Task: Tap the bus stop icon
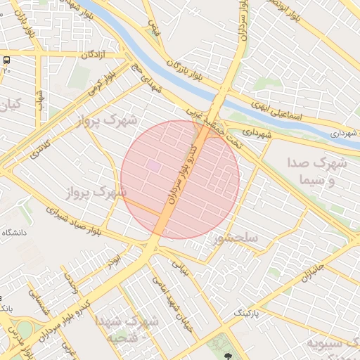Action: (6, 60)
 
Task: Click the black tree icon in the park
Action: (227, 355)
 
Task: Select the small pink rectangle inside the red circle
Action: (153, 165)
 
